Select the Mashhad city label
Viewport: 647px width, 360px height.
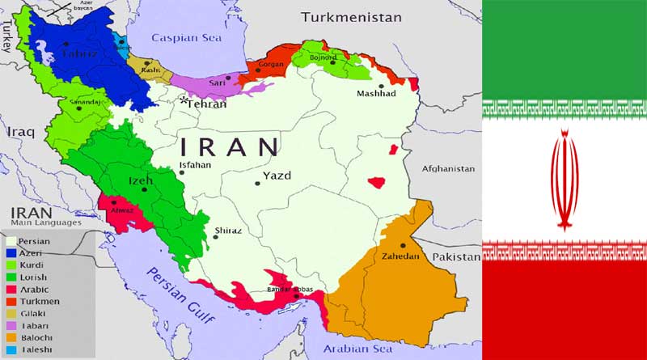pos(377,94)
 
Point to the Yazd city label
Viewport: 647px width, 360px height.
pos(277,176)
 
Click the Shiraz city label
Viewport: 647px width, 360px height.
pos(227,231)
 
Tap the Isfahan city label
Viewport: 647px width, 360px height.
pos(195,165)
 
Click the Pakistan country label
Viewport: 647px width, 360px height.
pos(456,256)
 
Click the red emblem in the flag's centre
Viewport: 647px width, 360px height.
pos(564,180)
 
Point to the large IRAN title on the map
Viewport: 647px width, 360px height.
pos(229,147)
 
